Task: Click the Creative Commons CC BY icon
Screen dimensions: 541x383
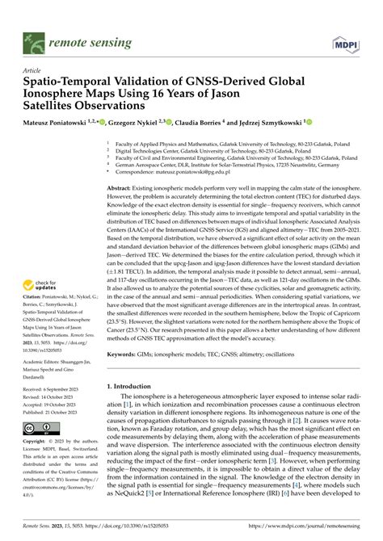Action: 40,427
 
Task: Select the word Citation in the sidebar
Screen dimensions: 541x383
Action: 36,320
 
